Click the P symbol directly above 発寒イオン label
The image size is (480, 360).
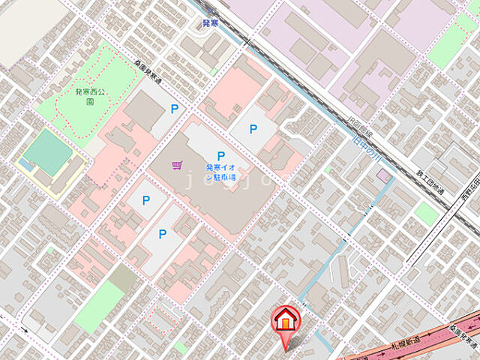coord(221,156)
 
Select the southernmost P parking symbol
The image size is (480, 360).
coord(162,235)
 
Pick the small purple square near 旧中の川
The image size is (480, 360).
coord(384,175)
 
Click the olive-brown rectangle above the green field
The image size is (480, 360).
coord(123,277)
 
